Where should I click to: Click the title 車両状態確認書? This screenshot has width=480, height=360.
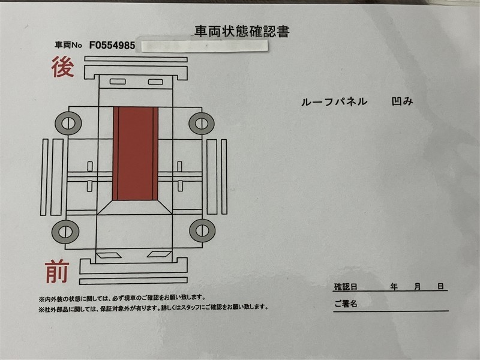(x=242, y=32)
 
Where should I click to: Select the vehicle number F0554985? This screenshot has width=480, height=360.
(x=112, y=46)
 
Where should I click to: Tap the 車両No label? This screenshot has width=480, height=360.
(x=68, y=46)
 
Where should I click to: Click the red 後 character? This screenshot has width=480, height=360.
(x=62, y=67)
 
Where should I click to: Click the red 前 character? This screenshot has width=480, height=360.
(x=57, y=272)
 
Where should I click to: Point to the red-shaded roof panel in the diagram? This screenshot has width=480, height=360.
(x=136, y=154)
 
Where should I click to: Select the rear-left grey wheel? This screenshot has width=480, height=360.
(x=68, y=124)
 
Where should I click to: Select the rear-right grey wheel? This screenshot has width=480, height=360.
(x=202, y=124)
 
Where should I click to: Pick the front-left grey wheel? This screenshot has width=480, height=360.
(x=65, y=232)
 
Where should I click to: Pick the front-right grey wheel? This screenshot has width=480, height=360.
(x=202, y=230)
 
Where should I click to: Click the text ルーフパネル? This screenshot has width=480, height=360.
(x=334, y=102)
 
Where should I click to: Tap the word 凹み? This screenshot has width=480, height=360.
(x=402, y=101)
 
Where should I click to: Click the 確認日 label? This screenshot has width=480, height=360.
(x=346, y=287)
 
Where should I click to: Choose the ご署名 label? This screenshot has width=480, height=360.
(x=346, y=304)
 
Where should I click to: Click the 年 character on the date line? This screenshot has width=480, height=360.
(x=394, y=287)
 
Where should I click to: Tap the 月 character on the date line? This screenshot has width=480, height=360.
(x=418, y=287)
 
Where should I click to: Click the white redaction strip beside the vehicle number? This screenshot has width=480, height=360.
(x=205, y=46)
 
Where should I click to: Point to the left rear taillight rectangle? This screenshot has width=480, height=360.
(x=118, y=82)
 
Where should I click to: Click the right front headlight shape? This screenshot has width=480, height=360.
(x=159, y=254)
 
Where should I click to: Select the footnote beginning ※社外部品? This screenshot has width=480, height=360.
(x=154, y=308)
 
